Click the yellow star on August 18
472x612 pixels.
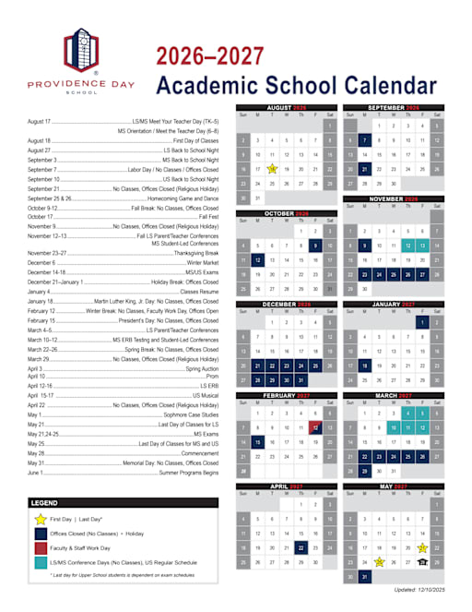(272, 169)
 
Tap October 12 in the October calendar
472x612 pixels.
(257, 260)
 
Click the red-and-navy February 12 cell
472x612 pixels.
(315, 427)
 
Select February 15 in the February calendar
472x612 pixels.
(257, 442)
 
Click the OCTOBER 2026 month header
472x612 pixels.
(286, 213)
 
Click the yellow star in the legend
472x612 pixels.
(41, 520)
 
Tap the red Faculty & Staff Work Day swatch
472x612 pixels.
(41, 547)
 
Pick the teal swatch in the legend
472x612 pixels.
(41, 561)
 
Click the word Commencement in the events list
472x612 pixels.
(198, 454)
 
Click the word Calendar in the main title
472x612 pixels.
(387, 86)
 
